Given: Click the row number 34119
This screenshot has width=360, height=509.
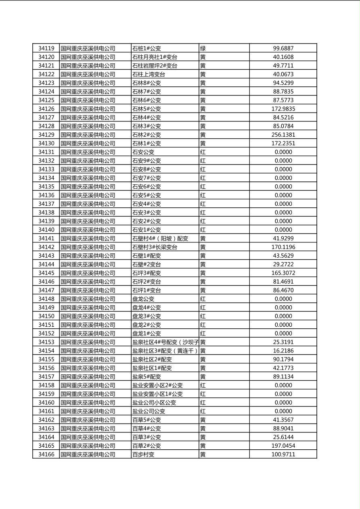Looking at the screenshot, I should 46,48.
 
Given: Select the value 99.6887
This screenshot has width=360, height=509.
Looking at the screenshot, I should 283,48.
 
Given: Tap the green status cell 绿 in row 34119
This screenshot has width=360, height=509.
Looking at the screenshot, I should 203,48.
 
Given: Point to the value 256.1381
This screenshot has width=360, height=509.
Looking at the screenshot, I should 283,135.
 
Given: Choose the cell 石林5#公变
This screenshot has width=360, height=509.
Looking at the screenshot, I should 147,109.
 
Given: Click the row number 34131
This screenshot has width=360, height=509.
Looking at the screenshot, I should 46,152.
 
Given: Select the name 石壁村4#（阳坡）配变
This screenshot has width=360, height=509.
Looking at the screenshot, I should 160,238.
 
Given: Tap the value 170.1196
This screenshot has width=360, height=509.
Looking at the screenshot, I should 283,247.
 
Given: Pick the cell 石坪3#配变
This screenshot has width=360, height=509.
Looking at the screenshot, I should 147,273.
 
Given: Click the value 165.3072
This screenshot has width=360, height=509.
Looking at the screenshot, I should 283,273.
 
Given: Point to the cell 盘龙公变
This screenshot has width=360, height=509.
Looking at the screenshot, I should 143,299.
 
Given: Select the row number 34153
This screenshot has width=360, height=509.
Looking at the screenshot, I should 46,342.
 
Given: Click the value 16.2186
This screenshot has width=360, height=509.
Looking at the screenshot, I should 283,350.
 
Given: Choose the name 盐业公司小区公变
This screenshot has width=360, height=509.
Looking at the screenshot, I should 154,403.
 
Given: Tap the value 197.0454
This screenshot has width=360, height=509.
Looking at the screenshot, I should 283,446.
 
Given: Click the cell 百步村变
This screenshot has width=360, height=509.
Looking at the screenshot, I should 143,454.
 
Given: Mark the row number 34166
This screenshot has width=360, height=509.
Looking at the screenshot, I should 46,454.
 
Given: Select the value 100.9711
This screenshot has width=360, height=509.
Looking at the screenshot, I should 283,454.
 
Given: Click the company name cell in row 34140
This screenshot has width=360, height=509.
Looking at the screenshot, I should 88,230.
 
